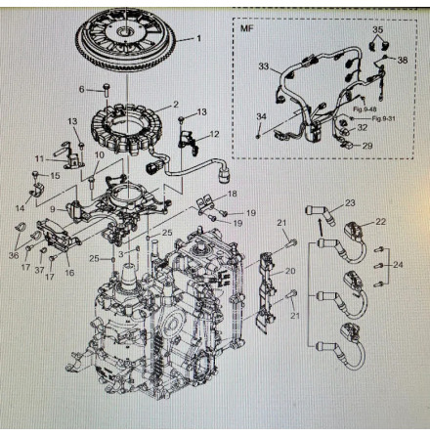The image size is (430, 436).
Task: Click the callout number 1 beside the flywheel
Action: (199, 39)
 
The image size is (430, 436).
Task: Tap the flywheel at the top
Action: (127, 44)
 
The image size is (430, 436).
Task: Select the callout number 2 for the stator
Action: (175, 104)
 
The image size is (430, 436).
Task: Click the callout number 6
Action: (84, 90)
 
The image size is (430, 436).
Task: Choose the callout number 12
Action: (215, 134)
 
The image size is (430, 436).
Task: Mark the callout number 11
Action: (39, 158)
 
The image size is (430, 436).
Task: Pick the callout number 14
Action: (21, 208)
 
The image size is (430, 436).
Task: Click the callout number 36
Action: (13, 255)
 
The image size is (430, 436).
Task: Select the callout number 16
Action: (69, 273)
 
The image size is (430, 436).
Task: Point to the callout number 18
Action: (231, 195)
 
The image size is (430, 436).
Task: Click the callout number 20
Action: (289, 270)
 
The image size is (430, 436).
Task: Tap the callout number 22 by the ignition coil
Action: (381, 222)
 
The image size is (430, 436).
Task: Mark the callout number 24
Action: (396, 265)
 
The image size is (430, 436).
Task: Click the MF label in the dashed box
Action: (246, 28)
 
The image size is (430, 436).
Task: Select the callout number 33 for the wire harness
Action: (264, 66)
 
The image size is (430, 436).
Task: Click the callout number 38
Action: (403, 59)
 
